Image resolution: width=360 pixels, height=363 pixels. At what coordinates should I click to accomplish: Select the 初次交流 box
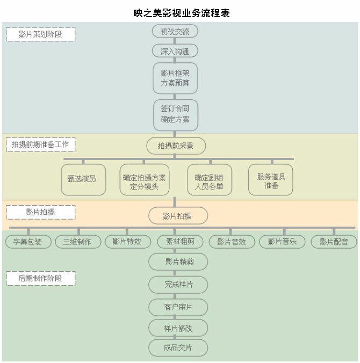click(175, 32)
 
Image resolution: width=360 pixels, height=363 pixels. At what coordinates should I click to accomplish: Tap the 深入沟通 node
click(175, 51)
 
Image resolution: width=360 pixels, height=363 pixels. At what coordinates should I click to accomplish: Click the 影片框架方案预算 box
click(175, 78)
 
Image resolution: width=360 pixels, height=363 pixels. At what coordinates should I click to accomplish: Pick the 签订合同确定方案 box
click(175, 114)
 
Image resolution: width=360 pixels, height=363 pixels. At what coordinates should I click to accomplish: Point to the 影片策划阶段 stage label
click(40, 34)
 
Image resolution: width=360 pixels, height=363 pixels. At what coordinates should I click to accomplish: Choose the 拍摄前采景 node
click(176, 146)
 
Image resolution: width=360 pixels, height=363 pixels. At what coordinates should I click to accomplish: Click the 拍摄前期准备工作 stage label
click(40, 144)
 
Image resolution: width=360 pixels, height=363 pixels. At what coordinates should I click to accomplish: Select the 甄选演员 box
click(83, 179)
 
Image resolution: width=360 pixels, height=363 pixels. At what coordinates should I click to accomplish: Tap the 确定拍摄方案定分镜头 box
click(145, 179)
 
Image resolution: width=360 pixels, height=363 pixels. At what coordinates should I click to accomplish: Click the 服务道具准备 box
click(271, 179)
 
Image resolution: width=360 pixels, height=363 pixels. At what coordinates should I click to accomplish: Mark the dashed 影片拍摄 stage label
click(40, 212)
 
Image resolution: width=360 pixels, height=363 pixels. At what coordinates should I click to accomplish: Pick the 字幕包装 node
click(28, 242)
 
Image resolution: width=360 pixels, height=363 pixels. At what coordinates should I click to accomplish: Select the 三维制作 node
click(78, 242)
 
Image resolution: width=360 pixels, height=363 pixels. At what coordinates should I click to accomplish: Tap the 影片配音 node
click(334, 242)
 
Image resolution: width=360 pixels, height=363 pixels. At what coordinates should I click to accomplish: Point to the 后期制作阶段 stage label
click(40, 278)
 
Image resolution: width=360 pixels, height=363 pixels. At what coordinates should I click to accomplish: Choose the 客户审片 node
click(178, 307)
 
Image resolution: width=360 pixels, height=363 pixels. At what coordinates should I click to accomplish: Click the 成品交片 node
click(178, 347)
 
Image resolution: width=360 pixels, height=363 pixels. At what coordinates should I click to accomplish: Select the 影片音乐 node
click(282, 242)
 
